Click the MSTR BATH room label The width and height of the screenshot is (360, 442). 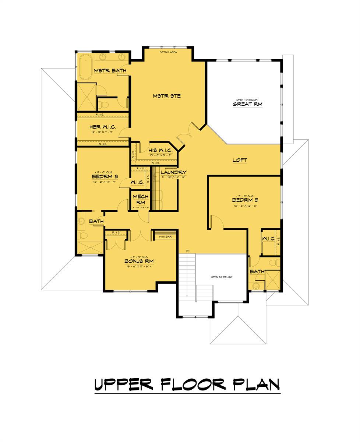pyautogui.click(x=110, y=70)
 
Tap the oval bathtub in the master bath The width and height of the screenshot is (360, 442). pyautogui.click(x=86, y=67)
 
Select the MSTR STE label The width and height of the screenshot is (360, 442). pyautogui.click(x=167, y=96)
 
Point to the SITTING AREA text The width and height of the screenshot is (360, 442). pyautogui.click(x=168, y=52)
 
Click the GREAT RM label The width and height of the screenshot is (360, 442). pyautogui.click(x=247, y=104)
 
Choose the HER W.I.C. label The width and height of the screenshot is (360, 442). pyautogui.click(x=103, y=127)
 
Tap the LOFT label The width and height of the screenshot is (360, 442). pyautogui.click(x=240, y=160)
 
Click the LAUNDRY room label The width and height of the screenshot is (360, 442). pyautogui.click(x=173, y=172)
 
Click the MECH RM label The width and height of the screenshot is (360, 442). pyautogui.click(x=141, y=199)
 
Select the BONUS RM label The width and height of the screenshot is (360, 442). pyautogui.click(x=138, y=261)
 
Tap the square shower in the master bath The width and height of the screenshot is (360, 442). pyautogui.click(x=86, y=97)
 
